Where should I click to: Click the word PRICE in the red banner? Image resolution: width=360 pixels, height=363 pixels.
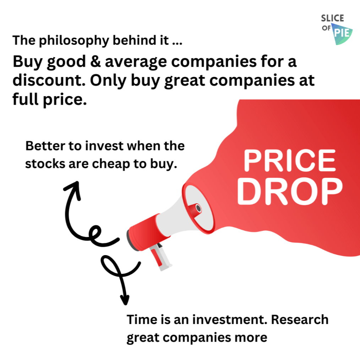point(290,160)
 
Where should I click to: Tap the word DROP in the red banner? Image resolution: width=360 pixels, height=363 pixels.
point(290,192)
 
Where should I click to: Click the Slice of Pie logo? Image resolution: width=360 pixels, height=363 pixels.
point(337,29)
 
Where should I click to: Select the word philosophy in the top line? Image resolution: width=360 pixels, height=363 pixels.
point(74,41)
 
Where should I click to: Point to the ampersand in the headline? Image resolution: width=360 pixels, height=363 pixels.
point(96,62)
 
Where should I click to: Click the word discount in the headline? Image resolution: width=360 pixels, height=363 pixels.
point(49,80)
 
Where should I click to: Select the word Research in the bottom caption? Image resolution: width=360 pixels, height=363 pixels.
point(300,320)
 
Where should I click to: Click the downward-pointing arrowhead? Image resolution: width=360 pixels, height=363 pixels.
point(125,300)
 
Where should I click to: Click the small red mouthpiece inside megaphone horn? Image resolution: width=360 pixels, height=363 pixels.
point(195,209)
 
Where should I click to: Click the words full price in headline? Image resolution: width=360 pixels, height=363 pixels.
point(50,100)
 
